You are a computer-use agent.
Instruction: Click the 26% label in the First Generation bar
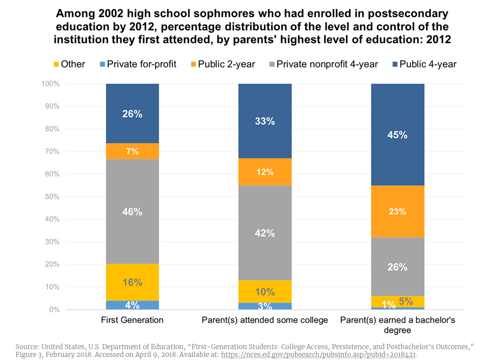(x=132, y=114)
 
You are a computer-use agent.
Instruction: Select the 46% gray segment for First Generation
(x=132, y=211)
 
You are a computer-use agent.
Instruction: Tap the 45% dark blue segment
(x=397, y=135)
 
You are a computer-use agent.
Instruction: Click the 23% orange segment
(x=397, y=211)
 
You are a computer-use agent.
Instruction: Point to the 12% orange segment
(x=265, y=172)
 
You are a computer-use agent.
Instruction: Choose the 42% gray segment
(x=265, y=233)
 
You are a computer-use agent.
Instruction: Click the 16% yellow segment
(x=132, y=282)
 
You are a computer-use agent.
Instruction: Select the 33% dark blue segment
(x=265, y=121)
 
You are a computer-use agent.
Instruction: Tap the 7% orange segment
(x=132, y=151)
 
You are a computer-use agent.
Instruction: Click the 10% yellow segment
(x=265, y=292)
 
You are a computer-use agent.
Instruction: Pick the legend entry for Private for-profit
(x=138, y=64)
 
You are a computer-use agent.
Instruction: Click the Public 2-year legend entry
(x=223, y=64)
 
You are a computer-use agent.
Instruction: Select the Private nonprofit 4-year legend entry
(x=324, y=64)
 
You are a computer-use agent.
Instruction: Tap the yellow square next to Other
(x=56, y=64)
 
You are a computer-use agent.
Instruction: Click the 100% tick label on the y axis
(x=50, y=84)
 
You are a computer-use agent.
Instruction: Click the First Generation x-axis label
(x=132, y=320)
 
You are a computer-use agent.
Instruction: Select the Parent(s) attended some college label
(x=265, y=320)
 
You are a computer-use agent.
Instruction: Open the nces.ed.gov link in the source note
(x=318, y=355)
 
